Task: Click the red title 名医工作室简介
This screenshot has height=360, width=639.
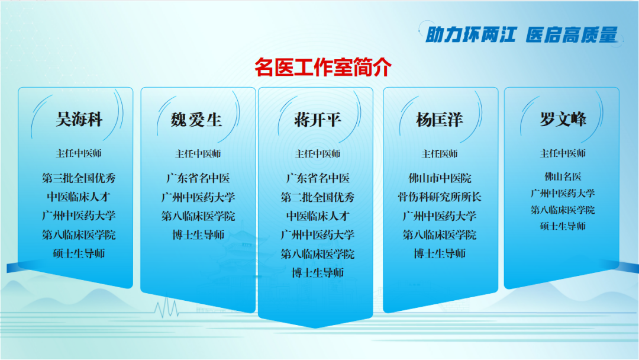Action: click(323, 67)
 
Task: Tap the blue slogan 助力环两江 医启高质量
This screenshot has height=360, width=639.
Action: click(521, 35)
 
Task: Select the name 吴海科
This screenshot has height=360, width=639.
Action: click(79, 120)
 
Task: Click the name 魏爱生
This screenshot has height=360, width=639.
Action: click(196, 120)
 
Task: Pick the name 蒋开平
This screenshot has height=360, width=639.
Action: click(318, 120)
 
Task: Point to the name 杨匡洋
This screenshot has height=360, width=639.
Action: click(439, 120)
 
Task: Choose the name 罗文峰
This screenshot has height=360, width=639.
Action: click(563, 119)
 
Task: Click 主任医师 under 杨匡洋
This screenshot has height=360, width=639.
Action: click(439, 154)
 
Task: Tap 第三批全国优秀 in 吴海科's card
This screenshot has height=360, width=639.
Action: click(79, 178)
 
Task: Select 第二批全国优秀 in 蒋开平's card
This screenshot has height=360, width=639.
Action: click(318, 197)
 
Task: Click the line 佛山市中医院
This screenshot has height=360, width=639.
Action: click(440, 178)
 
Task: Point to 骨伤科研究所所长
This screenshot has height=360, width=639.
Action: click(439, 197)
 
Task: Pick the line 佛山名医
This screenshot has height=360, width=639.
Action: click(563, 176)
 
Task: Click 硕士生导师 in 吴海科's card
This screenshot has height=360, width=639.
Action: click(79, 253)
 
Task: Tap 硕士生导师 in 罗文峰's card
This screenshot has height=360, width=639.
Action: click(563, 226)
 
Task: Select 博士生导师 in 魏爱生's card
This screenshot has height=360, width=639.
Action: click(198, 235)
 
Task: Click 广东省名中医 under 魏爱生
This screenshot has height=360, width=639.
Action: click(198, 178)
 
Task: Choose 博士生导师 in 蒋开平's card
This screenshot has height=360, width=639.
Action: click(318, 272)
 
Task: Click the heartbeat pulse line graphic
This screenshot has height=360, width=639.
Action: click(166, 308)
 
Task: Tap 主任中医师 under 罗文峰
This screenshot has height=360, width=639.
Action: click(563, 153)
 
